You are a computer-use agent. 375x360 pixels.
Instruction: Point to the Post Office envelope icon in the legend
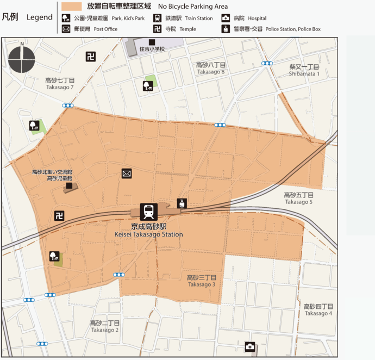pyautogui.click(x=66, y=29)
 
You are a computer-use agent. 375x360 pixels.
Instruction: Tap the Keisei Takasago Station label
pyautogui.click(x=148, y=230)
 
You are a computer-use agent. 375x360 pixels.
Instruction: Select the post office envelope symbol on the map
pyautogui.click(x=127, y=173)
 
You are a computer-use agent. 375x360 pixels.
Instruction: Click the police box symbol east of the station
pyautogui.click(x=182, y=203)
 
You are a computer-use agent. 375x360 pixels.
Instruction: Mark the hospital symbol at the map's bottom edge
pyautogui.click(x=250, y=346)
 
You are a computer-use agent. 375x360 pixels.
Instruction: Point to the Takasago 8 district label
pyautogui.click(x=211, y=68)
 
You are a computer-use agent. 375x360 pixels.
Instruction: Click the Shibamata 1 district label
pyautogui.click(x=304, y=70)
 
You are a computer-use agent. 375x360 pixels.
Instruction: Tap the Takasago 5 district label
pyautogui.click(x=298, y=198)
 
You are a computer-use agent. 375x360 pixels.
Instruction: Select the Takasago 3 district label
pyautogui.click(x=202, y=281)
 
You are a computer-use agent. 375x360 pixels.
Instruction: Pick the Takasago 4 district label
pyautogui.click(x=318, y=309)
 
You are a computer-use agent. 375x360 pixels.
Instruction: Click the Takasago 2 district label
pyautogui.click(x=105, y=326)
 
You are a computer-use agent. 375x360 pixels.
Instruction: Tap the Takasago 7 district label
pyautogui.click(x=60, y=83)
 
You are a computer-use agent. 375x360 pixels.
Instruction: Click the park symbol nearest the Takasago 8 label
pyautogui.click(x=147, y=85)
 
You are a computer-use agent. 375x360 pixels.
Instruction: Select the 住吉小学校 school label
pyautogui.click(x=152, y=49)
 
